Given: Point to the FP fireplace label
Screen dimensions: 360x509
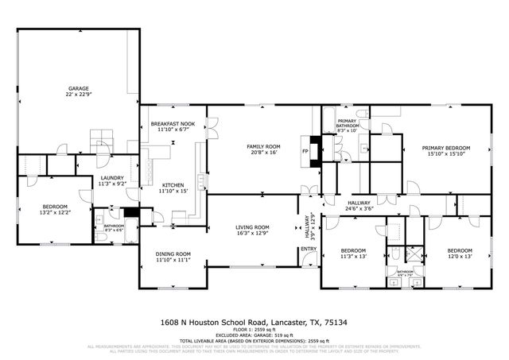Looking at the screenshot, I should (x=304, y=149).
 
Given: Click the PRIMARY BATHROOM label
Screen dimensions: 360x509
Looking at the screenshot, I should (x=348, y=123).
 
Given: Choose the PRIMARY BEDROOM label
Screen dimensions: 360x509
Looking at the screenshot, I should (x=445, y=147).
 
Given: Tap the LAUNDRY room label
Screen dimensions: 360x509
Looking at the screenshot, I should (x=111, y=177).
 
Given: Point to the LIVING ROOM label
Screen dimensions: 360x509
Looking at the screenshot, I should (x=253, y=227).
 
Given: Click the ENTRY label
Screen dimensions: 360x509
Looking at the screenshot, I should (x=308, y=249).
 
